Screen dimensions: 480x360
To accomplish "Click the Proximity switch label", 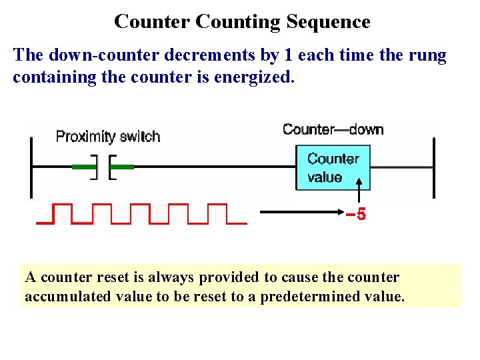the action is (108, 137).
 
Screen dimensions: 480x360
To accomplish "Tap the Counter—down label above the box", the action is (333, 129).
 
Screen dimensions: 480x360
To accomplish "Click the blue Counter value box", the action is (333, 168).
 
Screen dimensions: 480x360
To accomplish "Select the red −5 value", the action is (356, 215).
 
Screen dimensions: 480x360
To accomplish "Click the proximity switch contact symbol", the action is (103, 167).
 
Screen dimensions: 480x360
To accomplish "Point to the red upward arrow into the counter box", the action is (359, 193).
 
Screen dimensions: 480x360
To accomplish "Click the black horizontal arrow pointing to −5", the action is (300, 213).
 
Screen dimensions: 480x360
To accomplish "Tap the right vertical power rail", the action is (434, 167).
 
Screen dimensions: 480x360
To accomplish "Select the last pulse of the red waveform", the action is (217, 213).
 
